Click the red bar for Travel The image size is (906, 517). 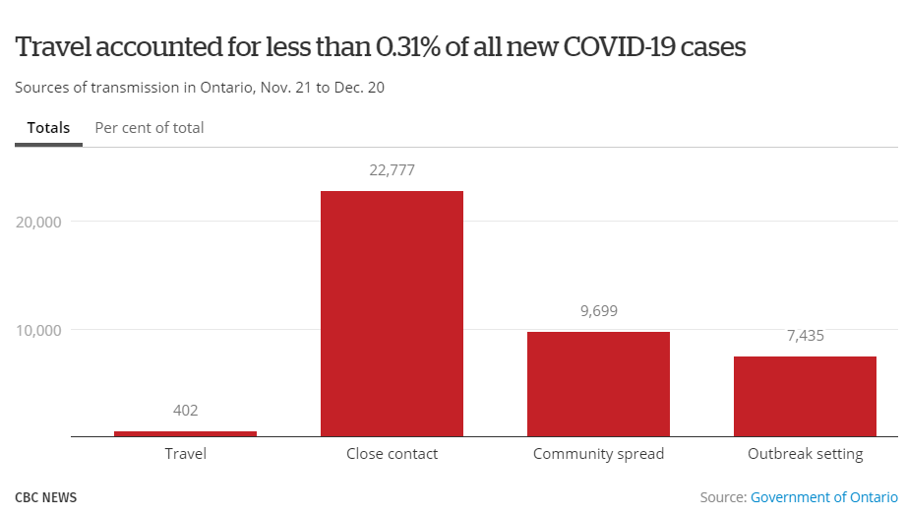click(185, 433)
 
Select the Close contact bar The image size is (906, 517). click(392, 313)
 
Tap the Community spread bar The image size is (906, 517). click(598, 384)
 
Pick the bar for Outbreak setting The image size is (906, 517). click(805, 396)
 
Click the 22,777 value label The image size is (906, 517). click(392, 169)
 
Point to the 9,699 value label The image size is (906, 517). click(598, 311)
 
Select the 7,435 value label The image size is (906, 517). click(805, 336)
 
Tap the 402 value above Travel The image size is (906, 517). click(185, 410)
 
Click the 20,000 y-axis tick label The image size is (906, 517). click(39, 222)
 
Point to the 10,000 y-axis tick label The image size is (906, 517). click(39, 329)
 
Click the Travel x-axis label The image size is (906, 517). click(185, 454)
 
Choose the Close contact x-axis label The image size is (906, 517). click(392, 454)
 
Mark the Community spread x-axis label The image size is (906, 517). click(598, 454)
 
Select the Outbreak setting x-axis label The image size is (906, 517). click(805, 454)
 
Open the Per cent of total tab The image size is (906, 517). click(150, 128)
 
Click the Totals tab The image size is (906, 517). click(48, 128)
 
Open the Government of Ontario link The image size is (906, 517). click(824, 497)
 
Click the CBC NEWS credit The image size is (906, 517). click(45, 497)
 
